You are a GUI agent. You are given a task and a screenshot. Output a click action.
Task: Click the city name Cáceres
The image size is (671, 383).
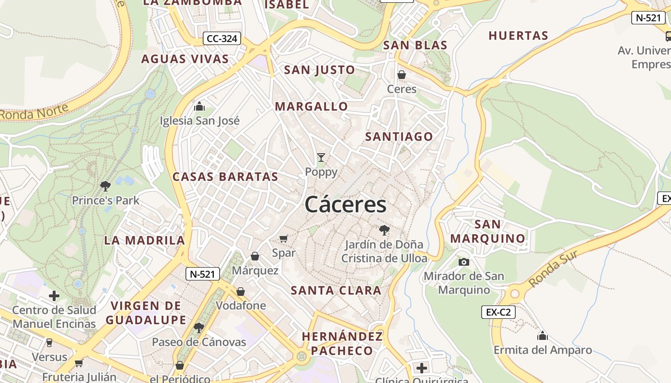click(345, 205)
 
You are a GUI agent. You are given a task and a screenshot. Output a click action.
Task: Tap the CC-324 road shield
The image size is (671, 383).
click(221, 39)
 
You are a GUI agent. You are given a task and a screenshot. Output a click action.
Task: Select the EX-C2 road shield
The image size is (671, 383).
click(498, 313)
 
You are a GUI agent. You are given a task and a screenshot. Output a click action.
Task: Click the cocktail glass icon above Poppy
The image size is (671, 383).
click(321, 157)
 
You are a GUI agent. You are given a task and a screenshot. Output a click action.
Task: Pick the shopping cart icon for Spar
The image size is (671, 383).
click(284, 238)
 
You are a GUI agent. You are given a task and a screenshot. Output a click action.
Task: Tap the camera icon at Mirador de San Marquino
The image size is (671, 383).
click(463, 262)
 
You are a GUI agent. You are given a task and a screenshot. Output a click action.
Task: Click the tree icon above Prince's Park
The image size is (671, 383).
click(105, 186)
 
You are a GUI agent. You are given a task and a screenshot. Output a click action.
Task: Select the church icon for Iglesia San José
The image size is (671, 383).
click(199, 106)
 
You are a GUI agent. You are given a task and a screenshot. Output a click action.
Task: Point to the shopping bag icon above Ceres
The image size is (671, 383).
click(402, 75)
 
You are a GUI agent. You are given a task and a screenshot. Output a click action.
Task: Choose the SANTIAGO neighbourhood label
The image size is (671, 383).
click(399, 137)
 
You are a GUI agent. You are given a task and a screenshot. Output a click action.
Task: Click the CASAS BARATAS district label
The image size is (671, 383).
click(225, 177)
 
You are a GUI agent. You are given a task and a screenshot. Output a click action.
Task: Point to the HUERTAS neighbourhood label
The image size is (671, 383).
click(518, 36)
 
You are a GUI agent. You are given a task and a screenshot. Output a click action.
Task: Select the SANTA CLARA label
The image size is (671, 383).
click(336, 291)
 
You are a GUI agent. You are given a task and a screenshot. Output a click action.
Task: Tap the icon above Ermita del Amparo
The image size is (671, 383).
click(543, 336)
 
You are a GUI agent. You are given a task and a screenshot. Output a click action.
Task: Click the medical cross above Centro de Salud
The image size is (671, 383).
click(54, 296)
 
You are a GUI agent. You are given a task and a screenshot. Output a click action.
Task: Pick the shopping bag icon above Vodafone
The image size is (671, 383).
click(241, 292)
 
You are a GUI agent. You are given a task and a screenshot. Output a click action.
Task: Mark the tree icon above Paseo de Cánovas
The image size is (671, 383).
click(198, 328)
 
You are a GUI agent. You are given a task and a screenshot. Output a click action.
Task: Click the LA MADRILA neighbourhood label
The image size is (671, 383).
click(144, 240)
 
